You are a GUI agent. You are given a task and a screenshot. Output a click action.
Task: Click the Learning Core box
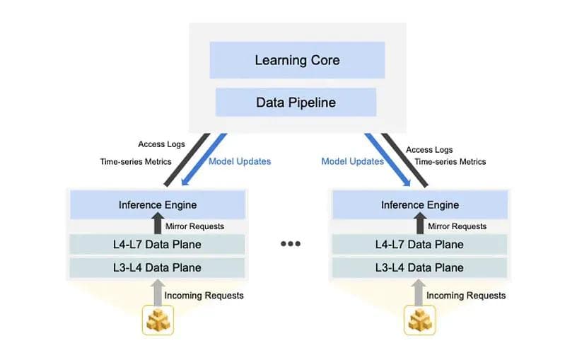297,60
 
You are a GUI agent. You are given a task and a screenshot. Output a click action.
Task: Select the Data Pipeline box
296,103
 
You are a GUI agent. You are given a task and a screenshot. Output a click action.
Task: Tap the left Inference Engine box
156,205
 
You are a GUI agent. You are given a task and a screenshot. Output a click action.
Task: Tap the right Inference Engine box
419,205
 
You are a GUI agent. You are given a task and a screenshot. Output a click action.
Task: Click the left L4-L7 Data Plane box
156,245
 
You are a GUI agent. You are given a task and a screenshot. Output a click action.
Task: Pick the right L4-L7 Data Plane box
419,245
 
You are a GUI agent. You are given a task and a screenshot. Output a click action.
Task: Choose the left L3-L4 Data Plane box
156,267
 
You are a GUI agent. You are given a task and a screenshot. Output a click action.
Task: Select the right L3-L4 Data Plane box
419,267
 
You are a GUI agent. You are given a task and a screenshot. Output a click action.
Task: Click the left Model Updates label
240,161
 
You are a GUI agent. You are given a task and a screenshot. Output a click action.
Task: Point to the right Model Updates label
352,161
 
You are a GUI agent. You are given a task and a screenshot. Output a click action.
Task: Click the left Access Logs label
161,144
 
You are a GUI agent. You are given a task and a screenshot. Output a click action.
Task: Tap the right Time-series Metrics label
450,162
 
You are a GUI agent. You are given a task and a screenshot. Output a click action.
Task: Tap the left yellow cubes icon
157,320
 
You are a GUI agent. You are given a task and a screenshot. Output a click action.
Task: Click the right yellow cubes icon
420,320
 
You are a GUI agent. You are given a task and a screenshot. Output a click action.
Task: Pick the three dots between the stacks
290,244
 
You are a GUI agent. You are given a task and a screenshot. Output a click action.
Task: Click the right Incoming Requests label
466,296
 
